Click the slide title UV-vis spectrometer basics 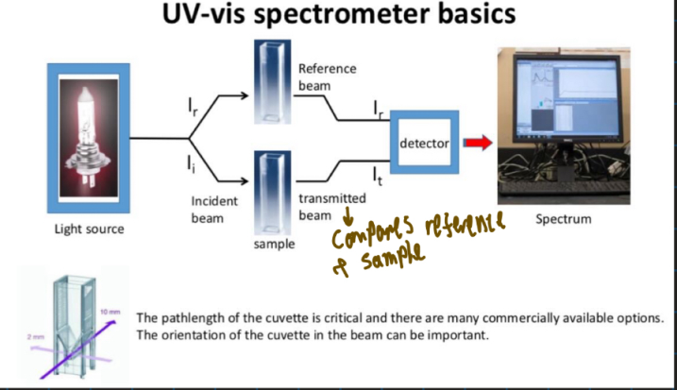tap(339, 17)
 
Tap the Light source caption tap(89, 229)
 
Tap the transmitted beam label tap(331, 206)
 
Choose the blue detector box tap(424, 144)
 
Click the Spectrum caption tap(564, 219)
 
